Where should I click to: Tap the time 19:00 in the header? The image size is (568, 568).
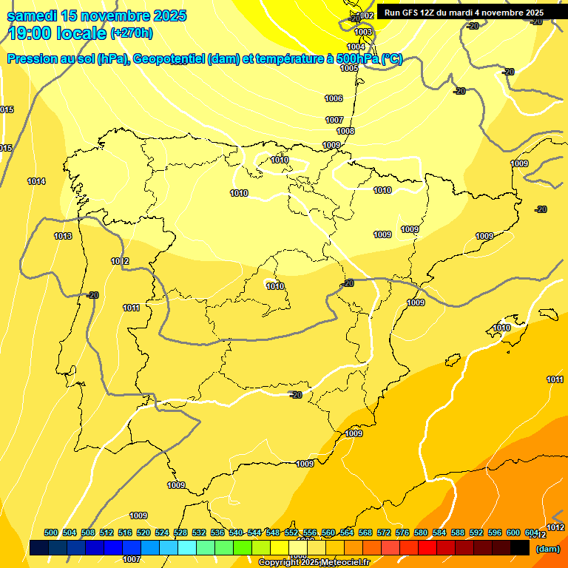pyautogui.click(x=30, y=33)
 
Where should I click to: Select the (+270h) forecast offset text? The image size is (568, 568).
pyautogui.click(x=132, y=33)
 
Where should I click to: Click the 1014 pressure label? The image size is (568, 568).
pyautogui.click(x=36, y=181)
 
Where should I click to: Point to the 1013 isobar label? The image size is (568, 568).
pyautogui.click(x=63, y=236)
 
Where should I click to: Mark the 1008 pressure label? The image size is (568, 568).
pyautogui.click(x=345, y=131)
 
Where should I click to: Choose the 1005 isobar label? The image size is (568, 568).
pyautogui.click(x=349, y=68)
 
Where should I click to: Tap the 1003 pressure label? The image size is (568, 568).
pyautogui.click(x=363, y=32)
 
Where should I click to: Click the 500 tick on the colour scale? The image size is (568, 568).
pyautogui.click(x=51, y=532)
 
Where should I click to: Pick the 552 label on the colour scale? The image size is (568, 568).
pyautogui.click(x=291, y=532)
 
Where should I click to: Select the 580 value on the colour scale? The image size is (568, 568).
pyautogui.click(x=421, y=532)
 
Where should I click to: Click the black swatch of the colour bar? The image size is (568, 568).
pyautogui.click(x=520, y=548)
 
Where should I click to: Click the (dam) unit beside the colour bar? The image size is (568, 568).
pyautogui.click(x=547, y=549)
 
